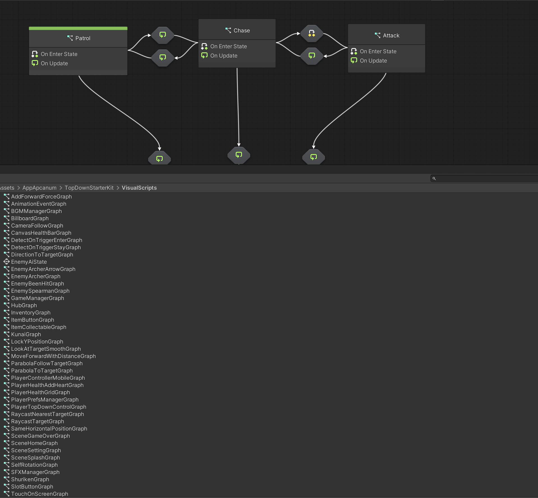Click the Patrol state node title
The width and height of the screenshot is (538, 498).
(83, 38)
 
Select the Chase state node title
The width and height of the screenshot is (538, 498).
(242, 31)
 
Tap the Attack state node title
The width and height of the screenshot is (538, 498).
(391, 36)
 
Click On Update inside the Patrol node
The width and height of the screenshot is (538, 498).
(54, 64)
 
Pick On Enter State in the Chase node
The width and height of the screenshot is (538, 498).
(229, 46)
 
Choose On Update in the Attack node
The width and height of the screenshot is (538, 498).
(373, 61)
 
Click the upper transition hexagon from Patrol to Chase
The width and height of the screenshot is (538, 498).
(163, 35)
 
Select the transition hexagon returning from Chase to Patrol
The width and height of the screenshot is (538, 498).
(163, 58)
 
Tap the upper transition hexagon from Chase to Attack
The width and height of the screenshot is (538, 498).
(312, 34)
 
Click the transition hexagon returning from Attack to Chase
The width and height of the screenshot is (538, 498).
(312, 56)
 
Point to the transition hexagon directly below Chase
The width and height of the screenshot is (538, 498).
(239, 155)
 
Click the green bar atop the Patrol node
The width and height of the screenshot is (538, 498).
(78, 28)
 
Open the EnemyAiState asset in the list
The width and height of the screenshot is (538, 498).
(29, 262)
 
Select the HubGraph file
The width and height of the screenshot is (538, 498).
(24, 305)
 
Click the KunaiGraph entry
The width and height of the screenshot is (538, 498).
(26, 334)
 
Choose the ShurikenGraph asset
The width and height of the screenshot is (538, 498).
(30, 480)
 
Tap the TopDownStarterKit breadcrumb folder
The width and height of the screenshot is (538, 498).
(89, 188)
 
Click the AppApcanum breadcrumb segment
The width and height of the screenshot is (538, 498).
(40, 188)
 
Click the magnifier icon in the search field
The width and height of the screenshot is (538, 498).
(434, 178)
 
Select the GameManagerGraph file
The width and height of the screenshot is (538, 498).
(38, 298)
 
